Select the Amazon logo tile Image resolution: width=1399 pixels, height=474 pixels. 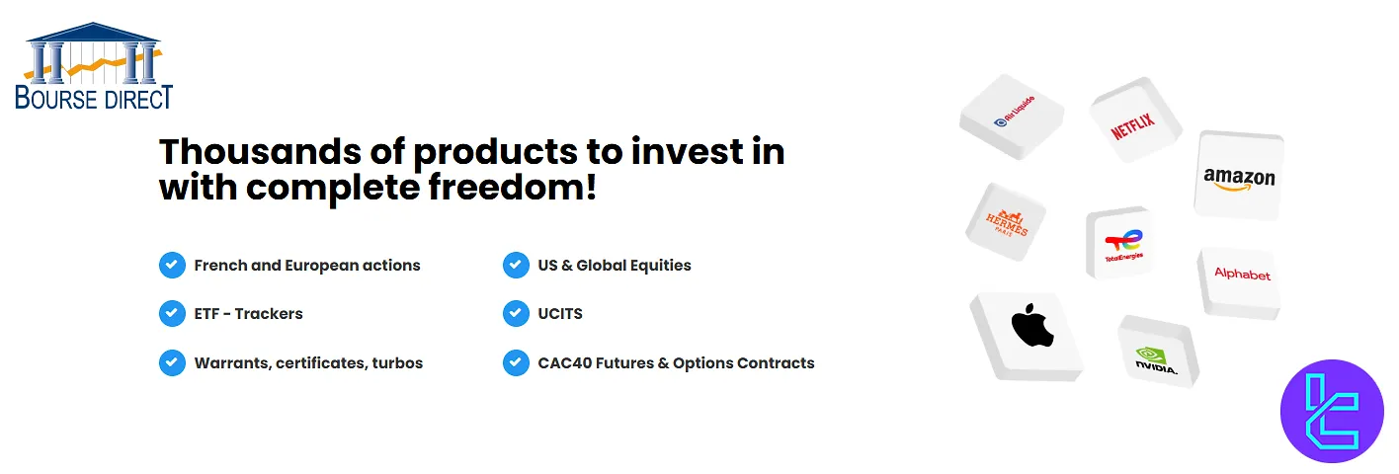point(1239,177)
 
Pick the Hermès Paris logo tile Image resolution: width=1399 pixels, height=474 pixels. point(1006,221)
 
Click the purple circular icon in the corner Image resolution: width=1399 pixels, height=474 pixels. point(1332,412)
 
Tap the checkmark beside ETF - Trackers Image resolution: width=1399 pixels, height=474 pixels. point(172,314)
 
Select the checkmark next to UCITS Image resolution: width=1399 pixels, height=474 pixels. point(516,314)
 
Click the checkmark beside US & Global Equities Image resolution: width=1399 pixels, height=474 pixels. point(516,265)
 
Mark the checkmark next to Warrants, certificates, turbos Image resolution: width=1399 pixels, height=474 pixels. point(172,362)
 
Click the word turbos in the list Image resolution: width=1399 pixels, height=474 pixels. point(397,362)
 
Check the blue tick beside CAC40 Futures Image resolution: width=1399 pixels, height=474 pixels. point(516,362)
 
